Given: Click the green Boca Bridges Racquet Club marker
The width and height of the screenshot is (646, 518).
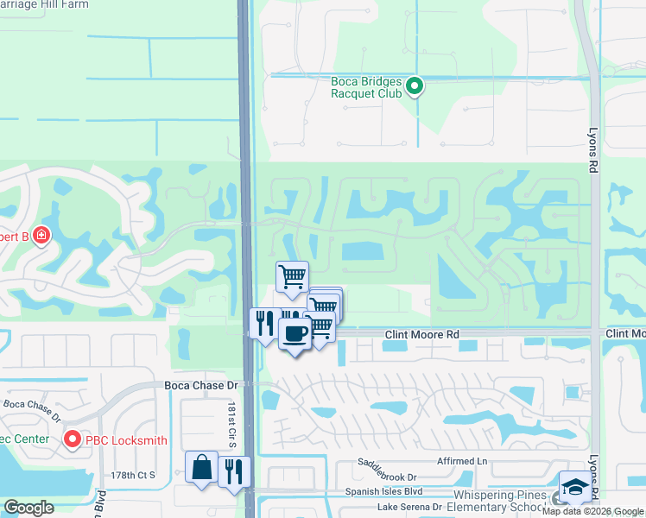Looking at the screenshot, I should tap(414, 85).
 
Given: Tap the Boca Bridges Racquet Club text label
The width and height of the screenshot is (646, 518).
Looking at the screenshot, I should tap(367, 88).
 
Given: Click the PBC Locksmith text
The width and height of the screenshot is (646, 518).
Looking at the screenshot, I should tap(123, 440).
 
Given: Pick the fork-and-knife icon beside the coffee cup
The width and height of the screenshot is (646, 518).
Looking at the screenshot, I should tap(263, 324).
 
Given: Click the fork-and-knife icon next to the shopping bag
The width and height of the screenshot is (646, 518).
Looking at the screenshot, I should tap(233, 471).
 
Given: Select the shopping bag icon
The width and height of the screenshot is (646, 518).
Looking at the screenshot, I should tap(201, 467).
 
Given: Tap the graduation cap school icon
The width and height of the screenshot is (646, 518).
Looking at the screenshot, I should tap(574, 487).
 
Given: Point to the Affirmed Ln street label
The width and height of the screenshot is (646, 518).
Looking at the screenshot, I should tap(462, 462).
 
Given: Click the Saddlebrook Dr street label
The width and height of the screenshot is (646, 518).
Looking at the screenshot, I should tap(388, 476).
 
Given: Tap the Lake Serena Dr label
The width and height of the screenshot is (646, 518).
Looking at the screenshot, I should tap(405, 508).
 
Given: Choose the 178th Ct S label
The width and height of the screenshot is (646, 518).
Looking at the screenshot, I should tap(133, 475).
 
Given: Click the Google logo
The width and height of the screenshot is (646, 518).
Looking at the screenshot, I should tap(28, 508).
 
